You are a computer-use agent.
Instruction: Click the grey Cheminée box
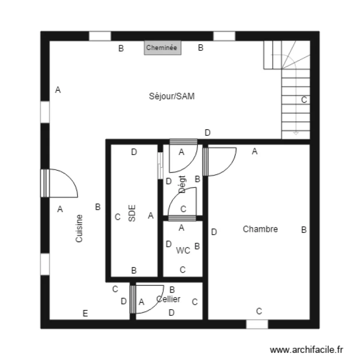(x=163, y=48)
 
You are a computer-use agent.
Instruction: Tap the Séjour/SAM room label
(x=171, y=96)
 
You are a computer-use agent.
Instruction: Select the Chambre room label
(x=260, y=229)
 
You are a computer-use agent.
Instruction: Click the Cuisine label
(x=80, y=228)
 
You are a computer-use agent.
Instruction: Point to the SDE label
(x=132, y=213)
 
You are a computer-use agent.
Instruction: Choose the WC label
(x=183, y=250)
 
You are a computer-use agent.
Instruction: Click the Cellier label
(x=168, y=299)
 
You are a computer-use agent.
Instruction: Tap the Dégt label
(x=182, y=184)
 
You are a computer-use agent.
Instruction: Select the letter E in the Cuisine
(x=85, y=313)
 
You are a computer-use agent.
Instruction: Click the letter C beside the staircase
(x=304, y=100)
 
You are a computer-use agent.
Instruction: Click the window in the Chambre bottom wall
(x=257, y=324)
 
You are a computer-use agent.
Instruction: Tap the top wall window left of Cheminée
(x=100, y=36)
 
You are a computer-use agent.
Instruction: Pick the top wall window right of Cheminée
(x=224, y=36)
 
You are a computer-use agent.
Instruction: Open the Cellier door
(x=144, y=300)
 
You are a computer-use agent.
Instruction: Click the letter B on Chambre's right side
(x=303, y=230)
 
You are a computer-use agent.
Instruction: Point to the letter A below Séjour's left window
(x=60, y=209)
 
